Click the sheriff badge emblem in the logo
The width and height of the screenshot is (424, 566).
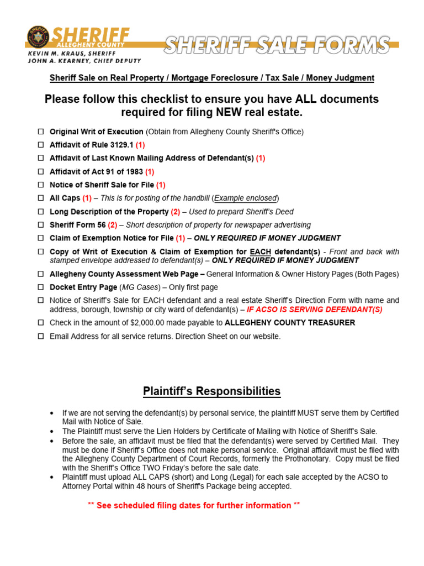[x=38, y=38]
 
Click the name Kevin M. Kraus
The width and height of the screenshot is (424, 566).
[x=59, y=53]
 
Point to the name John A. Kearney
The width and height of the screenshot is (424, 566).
[x=60, y=61]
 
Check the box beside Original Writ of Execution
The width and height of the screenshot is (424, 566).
[x=41, y=132]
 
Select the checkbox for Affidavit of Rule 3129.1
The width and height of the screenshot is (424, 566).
[x=41, y=145]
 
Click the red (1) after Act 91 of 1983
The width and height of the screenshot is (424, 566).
[x=149, y=172]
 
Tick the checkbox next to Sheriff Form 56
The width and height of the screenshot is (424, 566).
[x=41, y=225]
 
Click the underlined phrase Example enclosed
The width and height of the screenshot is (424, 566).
[x=246, y=198]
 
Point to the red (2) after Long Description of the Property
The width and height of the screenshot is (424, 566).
[x=176, y=212]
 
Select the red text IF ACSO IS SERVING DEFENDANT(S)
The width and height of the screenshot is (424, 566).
[x=314, y=310]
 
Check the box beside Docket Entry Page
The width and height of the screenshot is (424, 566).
[x=41, y=287]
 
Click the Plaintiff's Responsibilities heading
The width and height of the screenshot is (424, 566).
[x=211, y=392]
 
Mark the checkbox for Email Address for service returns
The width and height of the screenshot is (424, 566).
[x=41, y=336]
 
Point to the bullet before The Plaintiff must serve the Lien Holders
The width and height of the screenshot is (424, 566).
[x=52, y=431]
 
